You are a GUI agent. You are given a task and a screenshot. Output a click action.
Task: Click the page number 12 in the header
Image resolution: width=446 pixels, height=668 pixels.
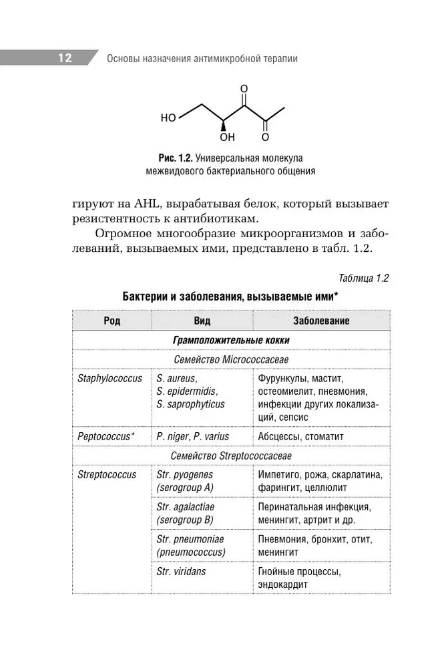[x=65, y=58]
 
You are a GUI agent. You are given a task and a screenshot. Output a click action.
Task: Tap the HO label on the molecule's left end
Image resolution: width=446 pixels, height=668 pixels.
[x=168, y=118]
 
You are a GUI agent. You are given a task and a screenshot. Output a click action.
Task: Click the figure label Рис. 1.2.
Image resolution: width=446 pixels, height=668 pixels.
[x=175, y=158]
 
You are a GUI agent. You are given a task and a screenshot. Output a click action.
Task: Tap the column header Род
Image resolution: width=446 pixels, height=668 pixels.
[x=112, y=321]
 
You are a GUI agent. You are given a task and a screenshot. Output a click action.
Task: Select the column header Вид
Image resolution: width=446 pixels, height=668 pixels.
[x=202, y=321]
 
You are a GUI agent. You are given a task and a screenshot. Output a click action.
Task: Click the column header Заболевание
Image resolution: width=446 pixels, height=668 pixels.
[x=321, y=321]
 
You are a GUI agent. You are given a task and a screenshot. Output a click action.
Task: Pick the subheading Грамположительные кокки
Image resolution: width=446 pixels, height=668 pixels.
[x=230, y=340]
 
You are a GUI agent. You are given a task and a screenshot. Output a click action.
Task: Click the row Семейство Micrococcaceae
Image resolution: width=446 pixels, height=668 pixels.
[x=230, y=359]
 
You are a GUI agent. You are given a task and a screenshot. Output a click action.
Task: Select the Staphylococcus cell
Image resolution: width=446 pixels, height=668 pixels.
[x=110, y=379]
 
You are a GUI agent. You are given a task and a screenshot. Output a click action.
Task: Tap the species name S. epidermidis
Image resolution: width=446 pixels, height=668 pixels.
[x=187, y=391]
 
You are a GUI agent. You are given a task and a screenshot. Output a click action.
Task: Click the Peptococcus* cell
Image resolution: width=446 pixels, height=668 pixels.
[x=106, y=436]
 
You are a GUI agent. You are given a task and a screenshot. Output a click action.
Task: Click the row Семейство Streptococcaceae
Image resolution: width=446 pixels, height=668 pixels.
[x=230, y=456]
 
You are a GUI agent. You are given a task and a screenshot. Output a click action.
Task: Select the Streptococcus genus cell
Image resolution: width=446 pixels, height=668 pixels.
[x=107, y=475]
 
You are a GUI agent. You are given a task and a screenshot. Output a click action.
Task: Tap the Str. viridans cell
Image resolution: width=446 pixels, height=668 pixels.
[x=181, y=571]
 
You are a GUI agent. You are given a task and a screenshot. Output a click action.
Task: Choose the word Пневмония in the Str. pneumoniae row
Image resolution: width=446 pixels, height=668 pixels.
[x=281, y=539]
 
